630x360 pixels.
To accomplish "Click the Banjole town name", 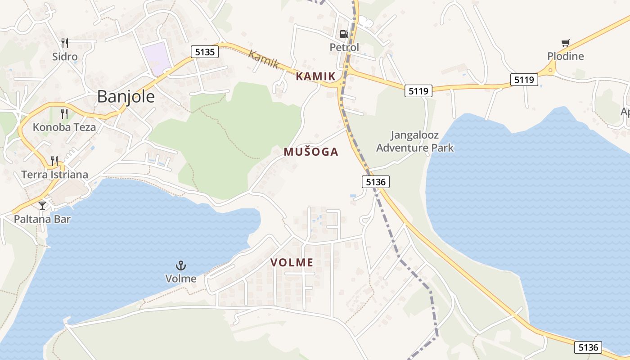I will pyautogui.click(x=126, y=97).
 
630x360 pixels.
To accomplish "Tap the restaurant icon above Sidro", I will pyautogui.click(x=65, y=43).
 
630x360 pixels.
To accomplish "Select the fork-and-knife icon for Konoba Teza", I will pyautogui.click(x=64, y=113).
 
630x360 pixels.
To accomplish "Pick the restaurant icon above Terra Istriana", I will pyautogui.click(x=54, y=161).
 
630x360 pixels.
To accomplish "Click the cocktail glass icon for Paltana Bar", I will pyautogui.click(x=42, y=206).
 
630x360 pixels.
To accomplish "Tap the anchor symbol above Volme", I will pyautogui.click(x=181, y=265).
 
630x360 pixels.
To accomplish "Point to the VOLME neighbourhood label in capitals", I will pyautogui.click(x=292, y=262).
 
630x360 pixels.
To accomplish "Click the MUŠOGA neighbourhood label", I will pyautogui.click(x=311, y=152).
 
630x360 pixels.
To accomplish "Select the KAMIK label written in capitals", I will pyautogui.click(x=315, y=76).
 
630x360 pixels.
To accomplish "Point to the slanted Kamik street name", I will pyautogui.click(x=264, y=59).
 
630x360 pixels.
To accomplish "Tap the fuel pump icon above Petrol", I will pyautogui.click(x=344, y=34).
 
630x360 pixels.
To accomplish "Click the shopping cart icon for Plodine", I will pyautogui.click(x=566, y=43).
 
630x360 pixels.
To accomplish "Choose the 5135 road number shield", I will pyautogui.click(x=204, y=52).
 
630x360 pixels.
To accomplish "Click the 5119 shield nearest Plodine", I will pyautogui.click(x=524, y=80).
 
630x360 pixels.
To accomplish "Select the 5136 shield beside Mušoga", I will pyautogui.click(x=375, y=182).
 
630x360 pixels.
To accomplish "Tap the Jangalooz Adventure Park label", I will pyautogui.click(x=415, y=141).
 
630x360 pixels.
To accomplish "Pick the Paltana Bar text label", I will pyautogui.click(x=42, y=219).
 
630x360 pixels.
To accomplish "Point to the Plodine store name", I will pyautogui.click(x=566, y=56).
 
